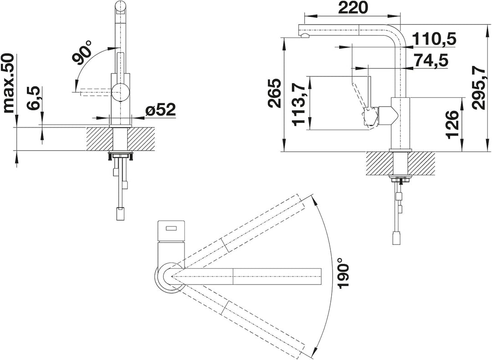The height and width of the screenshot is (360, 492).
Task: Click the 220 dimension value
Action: [353, 8]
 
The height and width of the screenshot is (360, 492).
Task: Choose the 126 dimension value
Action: [452, 124]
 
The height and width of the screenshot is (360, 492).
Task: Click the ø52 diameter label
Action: [161, 110]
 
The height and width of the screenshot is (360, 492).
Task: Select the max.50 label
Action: [9, 83]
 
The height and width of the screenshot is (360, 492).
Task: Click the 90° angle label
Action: [83, 52]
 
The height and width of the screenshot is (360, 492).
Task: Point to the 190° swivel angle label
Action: [343, 273]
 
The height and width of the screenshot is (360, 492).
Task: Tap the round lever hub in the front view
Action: [120, 92]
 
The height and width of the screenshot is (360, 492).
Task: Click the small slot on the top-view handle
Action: [172, 229]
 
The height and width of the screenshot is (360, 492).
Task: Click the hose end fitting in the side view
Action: [397, 238]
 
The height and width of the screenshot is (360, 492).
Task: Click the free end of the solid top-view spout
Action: [321, 276]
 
